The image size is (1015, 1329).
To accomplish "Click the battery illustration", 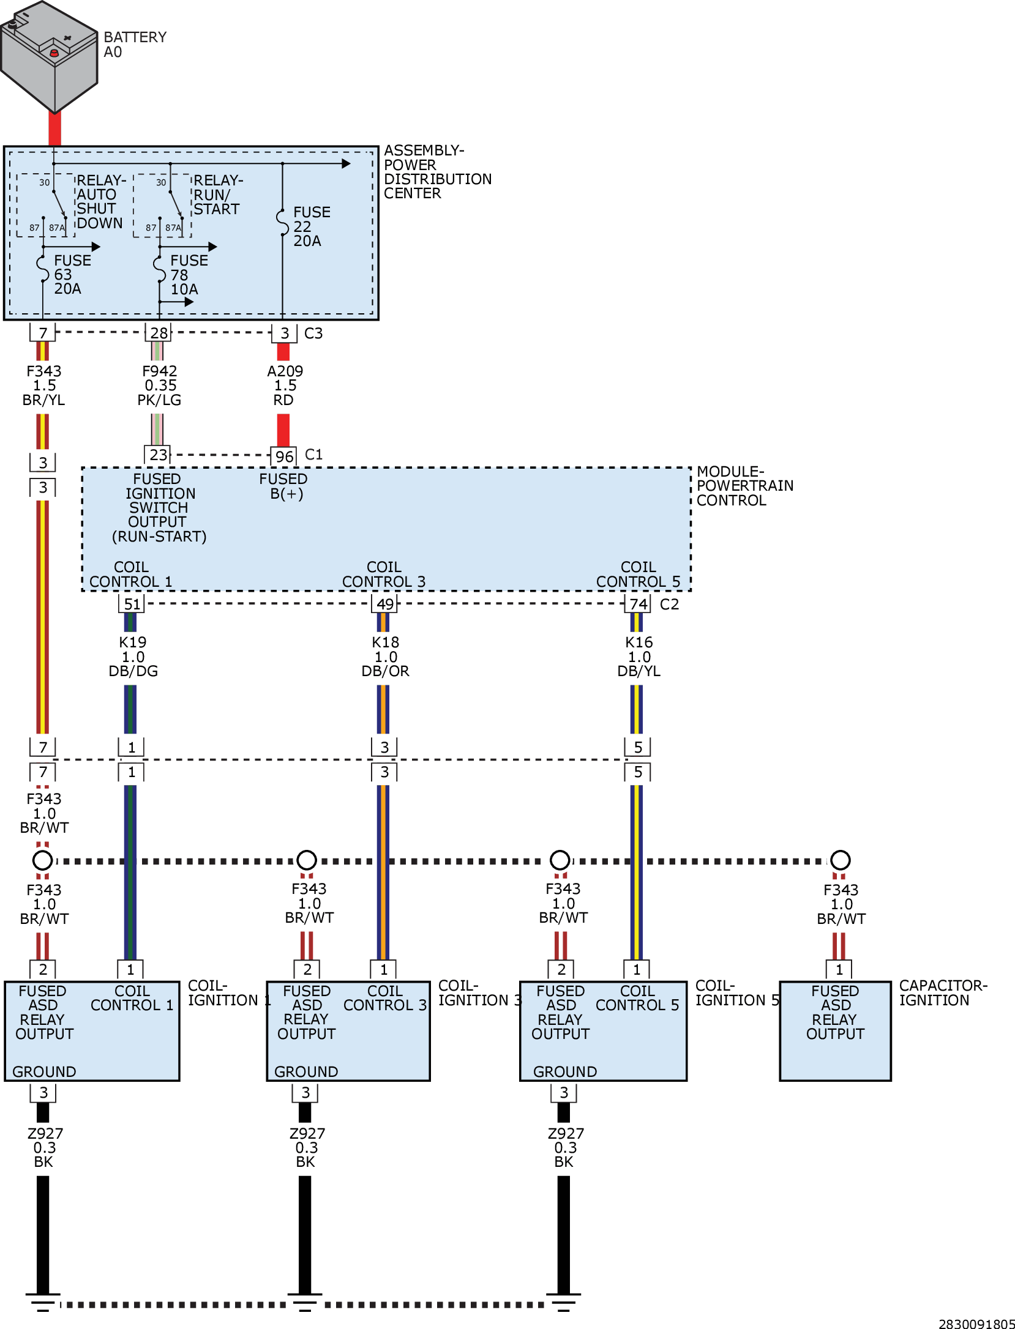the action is [49, 57].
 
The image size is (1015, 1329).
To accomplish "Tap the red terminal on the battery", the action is [54, 53].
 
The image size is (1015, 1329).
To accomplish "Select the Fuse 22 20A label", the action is [311, 226].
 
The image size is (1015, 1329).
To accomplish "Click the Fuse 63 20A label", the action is [72, 275].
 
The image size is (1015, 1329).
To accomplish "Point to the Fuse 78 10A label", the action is [189, 275].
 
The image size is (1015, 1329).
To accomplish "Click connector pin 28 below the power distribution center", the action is [159, 333].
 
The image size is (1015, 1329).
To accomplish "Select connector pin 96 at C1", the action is [284, 456].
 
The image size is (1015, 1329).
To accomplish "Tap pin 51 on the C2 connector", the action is [132, 604].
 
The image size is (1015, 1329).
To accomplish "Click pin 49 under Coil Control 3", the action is [384, 604].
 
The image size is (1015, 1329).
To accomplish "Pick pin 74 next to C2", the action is [638, 604].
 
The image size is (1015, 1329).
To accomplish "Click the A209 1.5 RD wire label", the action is [285, 385].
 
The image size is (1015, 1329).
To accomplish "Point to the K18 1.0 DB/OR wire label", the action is [386, 657].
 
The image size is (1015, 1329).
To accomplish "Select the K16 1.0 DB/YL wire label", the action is [639, 657].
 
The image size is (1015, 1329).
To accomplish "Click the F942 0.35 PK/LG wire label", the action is [159, 385].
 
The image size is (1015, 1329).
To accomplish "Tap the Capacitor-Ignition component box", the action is [835, 1031].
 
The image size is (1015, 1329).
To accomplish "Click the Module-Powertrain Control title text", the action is [745, 486].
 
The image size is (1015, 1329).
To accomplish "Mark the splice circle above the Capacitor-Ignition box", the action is [840, 860].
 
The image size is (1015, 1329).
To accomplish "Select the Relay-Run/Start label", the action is [219, 195].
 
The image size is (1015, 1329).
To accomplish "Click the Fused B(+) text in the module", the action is [283, 486].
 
